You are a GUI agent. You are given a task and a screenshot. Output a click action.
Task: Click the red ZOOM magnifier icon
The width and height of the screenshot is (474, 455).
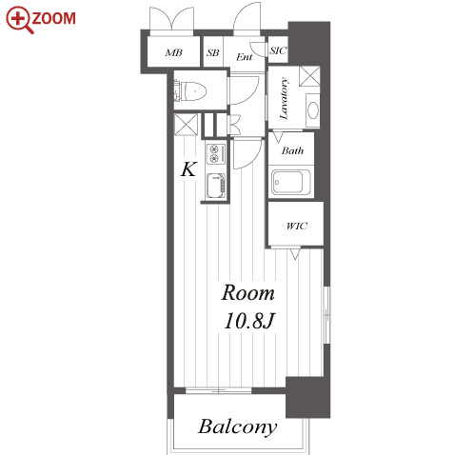point(19,20)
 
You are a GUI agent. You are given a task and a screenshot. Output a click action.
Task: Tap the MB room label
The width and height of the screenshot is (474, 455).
point(174,52)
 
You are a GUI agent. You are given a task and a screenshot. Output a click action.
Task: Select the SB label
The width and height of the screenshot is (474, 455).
point(213,52)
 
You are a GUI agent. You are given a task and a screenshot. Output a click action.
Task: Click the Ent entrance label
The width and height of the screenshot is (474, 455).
point(245,57)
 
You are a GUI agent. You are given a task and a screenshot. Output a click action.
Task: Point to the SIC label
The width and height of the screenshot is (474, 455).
point(278,50)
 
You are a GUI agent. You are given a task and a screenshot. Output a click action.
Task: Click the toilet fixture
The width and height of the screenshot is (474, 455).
point(190,91)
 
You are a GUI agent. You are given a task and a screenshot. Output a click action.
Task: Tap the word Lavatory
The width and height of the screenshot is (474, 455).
point(284,98)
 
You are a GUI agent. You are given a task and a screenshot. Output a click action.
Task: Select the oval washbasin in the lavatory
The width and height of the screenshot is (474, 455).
point(313,110)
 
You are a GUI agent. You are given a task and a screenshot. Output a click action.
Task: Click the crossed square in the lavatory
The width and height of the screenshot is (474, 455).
point(309,76)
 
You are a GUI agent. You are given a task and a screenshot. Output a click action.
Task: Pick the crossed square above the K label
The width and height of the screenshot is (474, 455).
point(186,125)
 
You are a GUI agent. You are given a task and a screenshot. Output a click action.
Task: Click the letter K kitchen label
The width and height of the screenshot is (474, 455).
point(188,169)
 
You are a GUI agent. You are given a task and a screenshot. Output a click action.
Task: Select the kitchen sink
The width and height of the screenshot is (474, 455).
point(216,186)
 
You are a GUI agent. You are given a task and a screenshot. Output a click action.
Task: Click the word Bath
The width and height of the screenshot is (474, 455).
point(292,150)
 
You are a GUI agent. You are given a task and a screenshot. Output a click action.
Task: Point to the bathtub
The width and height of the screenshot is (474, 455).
point(291,183)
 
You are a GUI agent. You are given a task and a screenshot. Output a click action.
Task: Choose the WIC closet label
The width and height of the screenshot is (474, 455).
point(297,226)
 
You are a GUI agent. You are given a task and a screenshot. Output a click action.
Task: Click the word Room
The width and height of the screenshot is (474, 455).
point(247,293)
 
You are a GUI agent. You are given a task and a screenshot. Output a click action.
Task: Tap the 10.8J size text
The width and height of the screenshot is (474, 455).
point(248,321)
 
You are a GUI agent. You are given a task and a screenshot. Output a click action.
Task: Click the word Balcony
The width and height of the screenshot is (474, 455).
point(238,427)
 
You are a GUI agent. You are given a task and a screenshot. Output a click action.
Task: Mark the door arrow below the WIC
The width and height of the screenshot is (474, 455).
point(295,254)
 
